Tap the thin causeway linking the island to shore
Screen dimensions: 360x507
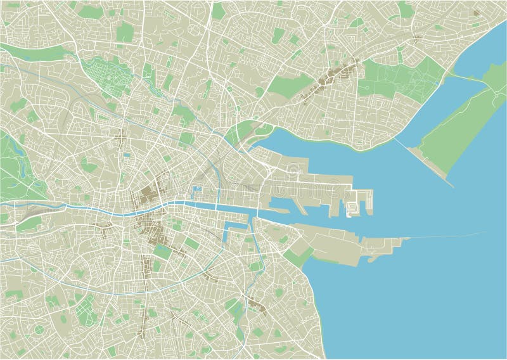tap(466, 78)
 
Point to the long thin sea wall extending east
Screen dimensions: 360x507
tap(444, 236)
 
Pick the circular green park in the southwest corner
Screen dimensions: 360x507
tap(39, 329)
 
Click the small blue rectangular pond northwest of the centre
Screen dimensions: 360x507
tap(127, 154)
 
